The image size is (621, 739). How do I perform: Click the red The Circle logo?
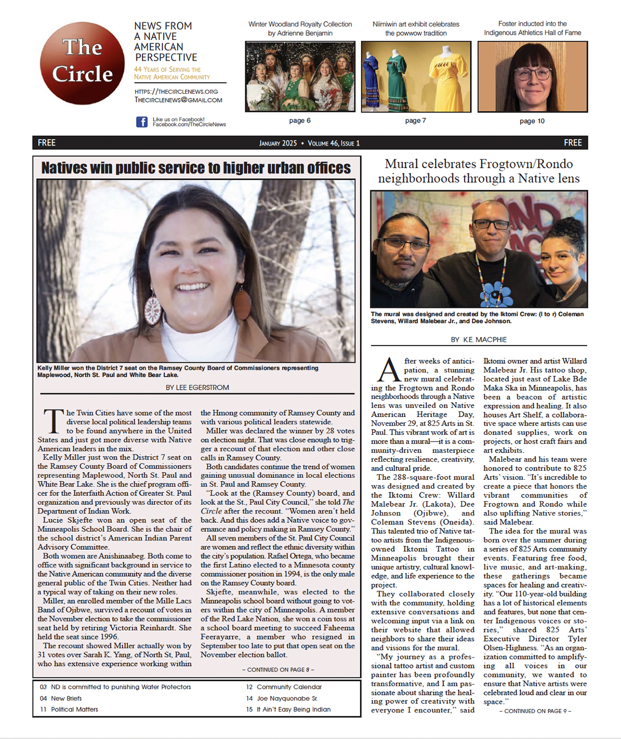click(x=82, y=63)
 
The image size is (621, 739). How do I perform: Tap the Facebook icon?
click(x=141, y=122)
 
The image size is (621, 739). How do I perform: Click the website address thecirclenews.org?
click(x=176, y=91)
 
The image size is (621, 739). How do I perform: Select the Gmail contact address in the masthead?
click(x=179, y=100)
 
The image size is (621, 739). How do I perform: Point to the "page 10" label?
click(x=532, y=121)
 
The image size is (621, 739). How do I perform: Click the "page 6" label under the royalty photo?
click(x=300, y=120)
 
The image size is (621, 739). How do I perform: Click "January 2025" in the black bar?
click(x=278, y=143)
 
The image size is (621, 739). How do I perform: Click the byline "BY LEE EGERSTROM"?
click(x=197, y=387)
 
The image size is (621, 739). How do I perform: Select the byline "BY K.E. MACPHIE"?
click(x=479, y=339)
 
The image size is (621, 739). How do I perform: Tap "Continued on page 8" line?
click(x=277, y=670)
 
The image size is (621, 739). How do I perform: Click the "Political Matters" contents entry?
click(x=74, y=709)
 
